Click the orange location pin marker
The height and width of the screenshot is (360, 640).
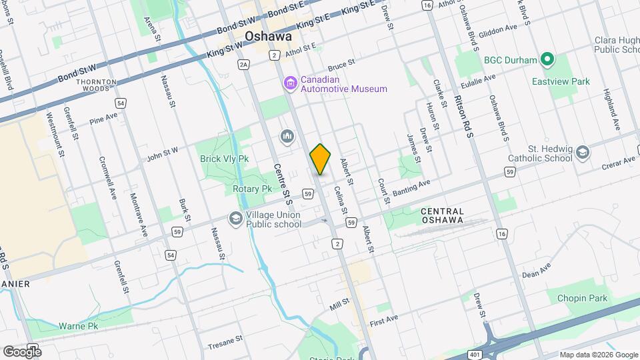point(320,159)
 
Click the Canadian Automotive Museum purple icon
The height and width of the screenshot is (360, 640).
point(290,83)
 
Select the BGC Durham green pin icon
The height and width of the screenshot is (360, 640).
point(547,60)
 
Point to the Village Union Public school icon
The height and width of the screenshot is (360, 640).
point(235,218)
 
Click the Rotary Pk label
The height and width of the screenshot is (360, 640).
point(253,189)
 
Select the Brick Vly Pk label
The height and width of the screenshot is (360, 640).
point(224,159)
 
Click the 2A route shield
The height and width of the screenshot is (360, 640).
point(244,64)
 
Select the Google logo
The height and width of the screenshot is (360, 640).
point(22,351)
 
